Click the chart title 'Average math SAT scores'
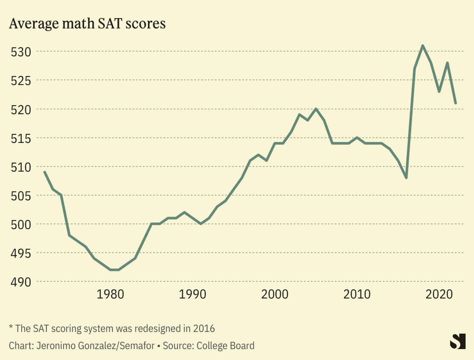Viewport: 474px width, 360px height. point(87,24)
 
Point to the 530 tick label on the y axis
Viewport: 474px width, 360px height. point(21,52)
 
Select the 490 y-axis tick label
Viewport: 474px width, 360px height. point(21,282)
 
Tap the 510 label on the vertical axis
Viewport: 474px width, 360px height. point(21,167)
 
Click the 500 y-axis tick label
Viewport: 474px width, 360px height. point(21,225)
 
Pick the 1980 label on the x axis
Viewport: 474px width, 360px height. point(110,294)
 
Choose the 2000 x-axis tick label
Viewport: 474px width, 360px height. point(275,294)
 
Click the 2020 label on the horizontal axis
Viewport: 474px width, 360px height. point(439,294)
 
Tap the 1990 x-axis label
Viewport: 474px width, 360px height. point(193,294)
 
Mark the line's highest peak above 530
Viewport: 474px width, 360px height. point(423,46)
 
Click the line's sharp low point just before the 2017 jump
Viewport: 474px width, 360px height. point(406,178)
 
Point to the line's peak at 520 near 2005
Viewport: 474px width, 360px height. point(316,109)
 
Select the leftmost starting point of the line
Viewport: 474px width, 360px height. point(44,172)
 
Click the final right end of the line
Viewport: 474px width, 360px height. point(456,103)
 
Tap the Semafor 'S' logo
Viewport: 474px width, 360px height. point(458,341)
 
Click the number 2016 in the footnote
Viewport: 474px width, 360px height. point(204,329)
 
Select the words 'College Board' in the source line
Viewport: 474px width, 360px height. point(225,346)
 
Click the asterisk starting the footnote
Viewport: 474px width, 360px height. point(11,327)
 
